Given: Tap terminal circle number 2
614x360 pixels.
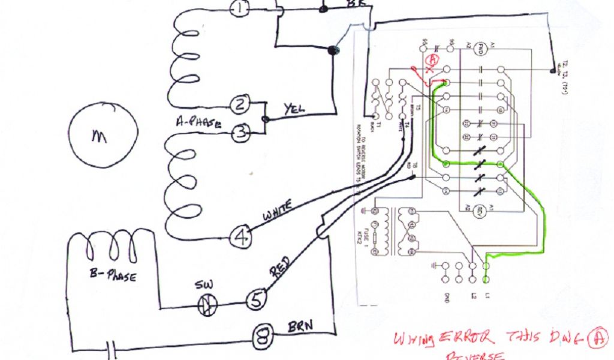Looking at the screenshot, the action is point(240,106).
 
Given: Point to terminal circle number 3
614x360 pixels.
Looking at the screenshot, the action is point(240,133).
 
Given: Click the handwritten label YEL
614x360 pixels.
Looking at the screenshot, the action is point(294,109).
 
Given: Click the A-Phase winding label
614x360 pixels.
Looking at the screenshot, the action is point(198,124).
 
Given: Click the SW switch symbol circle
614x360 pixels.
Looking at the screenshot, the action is point(206,306).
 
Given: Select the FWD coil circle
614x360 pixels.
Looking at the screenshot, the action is point(479,48).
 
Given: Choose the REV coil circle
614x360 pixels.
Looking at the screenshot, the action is point(479,211).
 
